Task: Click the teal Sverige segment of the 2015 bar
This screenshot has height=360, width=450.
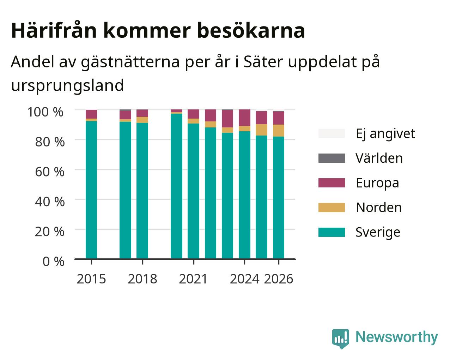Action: point(91,190)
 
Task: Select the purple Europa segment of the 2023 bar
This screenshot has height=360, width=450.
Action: point(227,119)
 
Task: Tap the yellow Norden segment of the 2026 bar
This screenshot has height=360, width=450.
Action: point(279,131)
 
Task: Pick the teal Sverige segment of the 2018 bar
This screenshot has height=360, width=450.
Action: point(142,191)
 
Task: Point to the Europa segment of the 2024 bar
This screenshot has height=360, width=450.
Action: point(244,118)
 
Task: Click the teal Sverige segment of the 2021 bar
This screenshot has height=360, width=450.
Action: point(193,191)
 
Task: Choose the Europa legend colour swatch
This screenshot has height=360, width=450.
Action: point(332,183)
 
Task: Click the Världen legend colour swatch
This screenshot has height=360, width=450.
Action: point(332,158)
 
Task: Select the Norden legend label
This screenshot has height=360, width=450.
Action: point(379,208)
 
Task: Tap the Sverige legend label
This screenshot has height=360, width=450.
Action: point(378,232)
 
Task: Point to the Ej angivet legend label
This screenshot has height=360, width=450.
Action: point(385,134)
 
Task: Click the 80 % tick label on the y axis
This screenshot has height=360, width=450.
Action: point(50,142)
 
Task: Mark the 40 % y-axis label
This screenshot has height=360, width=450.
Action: point(50,202)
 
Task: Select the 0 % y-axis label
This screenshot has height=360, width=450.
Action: point(53,262)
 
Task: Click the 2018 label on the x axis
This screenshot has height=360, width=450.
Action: point(142,279)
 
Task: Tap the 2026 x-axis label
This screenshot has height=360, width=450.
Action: point(279,279)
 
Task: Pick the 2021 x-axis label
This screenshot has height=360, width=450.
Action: point(193,279)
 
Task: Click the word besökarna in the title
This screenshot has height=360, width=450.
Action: point(251,31)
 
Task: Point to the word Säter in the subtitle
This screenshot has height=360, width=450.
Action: point(263,62)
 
